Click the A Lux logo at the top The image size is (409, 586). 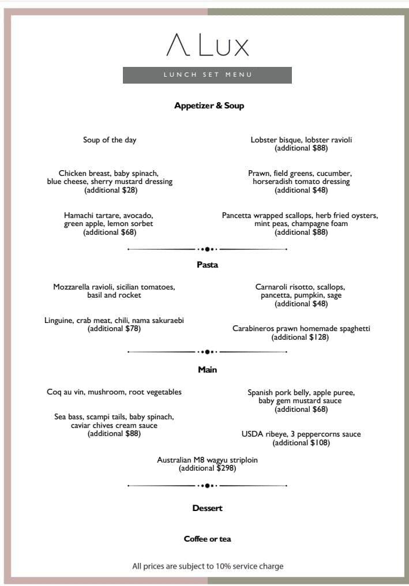(x=207, y=45)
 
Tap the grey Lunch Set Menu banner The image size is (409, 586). (x=207, y=75)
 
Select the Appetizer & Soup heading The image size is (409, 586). (x=209, y=106)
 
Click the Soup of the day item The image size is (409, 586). (x=110, y=140)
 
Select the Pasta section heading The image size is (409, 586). (x=207, y=265)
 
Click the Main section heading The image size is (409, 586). (x=207, y=369)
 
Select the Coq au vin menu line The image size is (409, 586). (x=114, y=392)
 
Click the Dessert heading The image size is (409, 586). (x=207, y=508)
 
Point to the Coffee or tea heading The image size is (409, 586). (x=207, y=539)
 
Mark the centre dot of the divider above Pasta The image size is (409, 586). (x=207, y=249)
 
